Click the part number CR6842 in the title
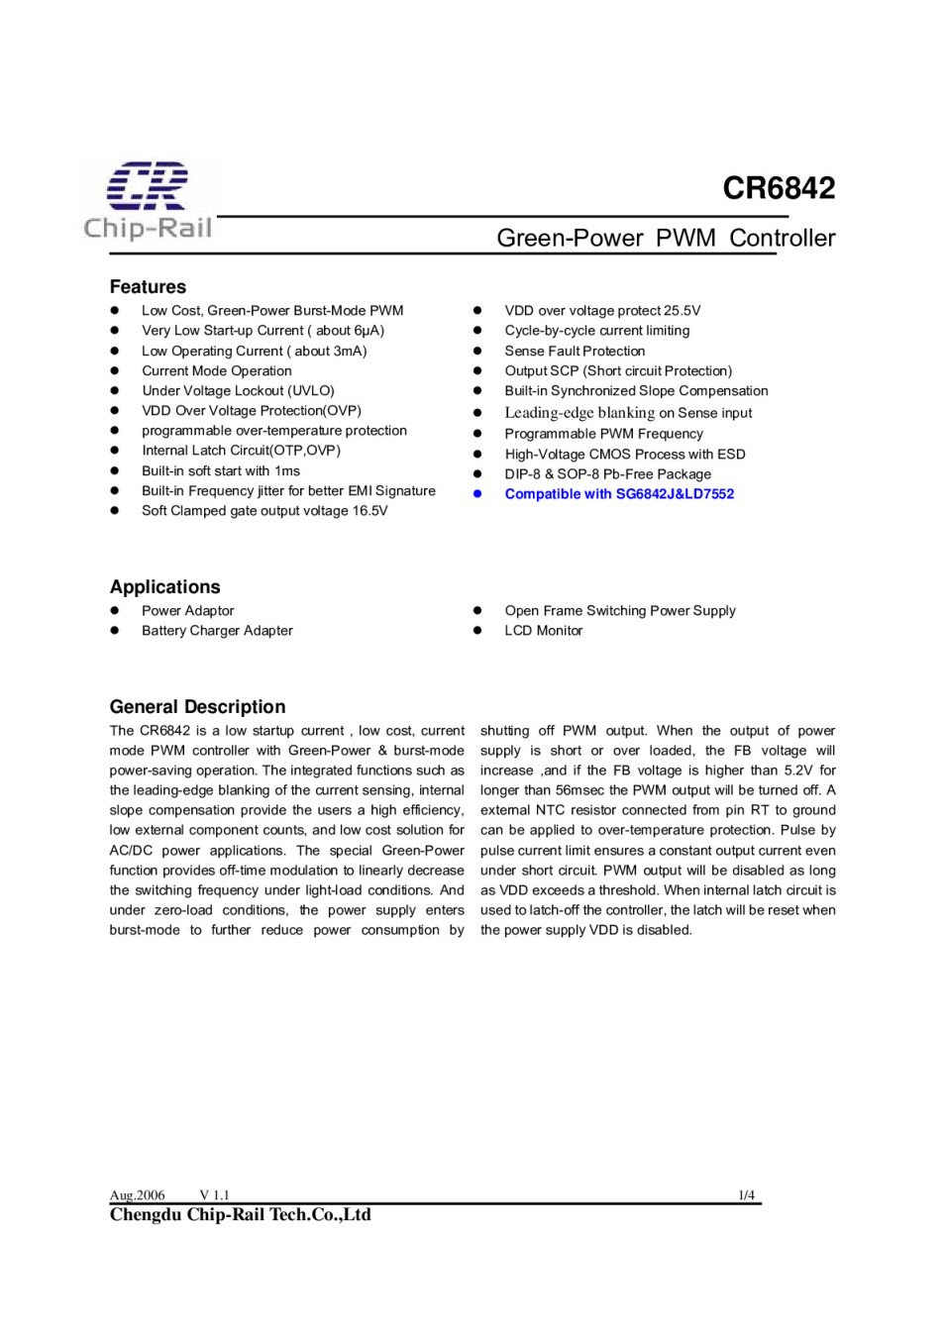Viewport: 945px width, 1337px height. pos(779,188)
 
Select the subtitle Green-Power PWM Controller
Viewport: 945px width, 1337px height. pos(666,239)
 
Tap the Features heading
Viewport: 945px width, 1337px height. pos(148,287)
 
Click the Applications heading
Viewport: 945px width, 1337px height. pos(165,587)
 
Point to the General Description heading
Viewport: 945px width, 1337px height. pos(197,707)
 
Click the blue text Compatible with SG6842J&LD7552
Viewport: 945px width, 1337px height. pos(619,494)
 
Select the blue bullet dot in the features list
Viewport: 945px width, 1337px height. pos(476,494)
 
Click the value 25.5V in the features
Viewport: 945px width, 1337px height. pos(682,311)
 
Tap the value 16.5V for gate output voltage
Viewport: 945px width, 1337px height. pos(369,511)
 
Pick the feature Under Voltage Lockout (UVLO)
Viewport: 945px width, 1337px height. pos(238,391)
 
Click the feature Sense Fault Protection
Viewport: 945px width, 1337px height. pos(575,351)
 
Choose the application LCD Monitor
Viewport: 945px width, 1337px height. pos(543,631)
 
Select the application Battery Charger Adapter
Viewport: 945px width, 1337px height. pos(217,631)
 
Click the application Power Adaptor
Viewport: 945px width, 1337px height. pos(187,611)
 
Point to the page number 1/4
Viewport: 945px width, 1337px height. pos(746,1195)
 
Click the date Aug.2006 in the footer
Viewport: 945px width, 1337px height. pos(137,1195)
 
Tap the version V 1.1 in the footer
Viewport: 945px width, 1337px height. pos(214,1195)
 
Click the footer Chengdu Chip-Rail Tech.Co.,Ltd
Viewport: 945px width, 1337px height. pos(240,1215)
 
